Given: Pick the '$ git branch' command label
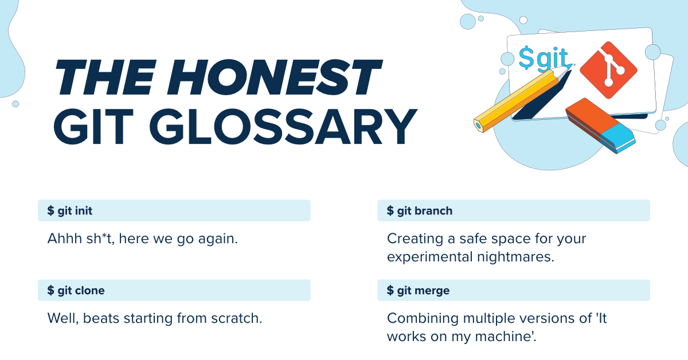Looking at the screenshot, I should coord(420,211).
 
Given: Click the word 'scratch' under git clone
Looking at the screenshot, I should coord(236,318).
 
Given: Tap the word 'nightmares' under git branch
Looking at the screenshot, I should coord(519,256).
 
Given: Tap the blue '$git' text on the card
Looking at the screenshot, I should coord(542,57).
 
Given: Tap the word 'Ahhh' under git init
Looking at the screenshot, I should coord(65,238).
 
